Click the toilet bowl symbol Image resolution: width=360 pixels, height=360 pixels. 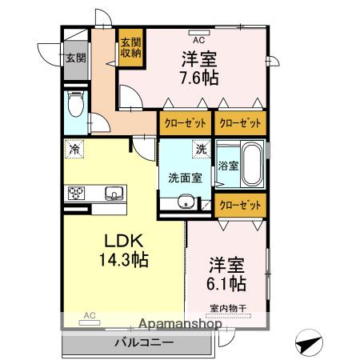point(76,103)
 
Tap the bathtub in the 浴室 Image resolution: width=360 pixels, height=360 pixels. point(252,164)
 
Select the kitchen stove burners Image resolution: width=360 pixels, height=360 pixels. point(76,193)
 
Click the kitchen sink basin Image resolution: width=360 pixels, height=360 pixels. point(114,193)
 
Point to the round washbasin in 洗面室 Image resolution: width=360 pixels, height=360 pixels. point(186,201)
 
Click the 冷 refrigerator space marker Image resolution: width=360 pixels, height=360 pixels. point(74,149)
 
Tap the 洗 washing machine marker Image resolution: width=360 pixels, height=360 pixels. point(202,149)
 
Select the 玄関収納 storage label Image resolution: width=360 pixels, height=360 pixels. point(130,48)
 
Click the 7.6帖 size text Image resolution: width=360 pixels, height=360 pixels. point(199,78)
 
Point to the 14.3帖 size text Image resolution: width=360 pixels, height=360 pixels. point(124,260)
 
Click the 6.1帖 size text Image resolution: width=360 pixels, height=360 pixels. point(226,283)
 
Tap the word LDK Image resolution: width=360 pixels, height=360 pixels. point(124,241)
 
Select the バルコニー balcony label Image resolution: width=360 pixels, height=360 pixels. point(144,342)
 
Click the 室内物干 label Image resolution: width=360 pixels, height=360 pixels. point(228,309)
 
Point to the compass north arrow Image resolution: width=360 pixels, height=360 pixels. point(309,342)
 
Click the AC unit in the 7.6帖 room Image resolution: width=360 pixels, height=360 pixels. point(199,33)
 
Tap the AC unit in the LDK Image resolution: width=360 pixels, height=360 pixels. point(90,322)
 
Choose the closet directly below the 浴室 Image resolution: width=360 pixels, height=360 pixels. point(240,206)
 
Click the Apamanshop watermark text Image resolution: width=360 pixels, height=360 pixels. point(180,324)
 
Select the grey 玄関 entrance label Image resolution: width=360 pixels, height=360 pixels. point(76,58)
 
